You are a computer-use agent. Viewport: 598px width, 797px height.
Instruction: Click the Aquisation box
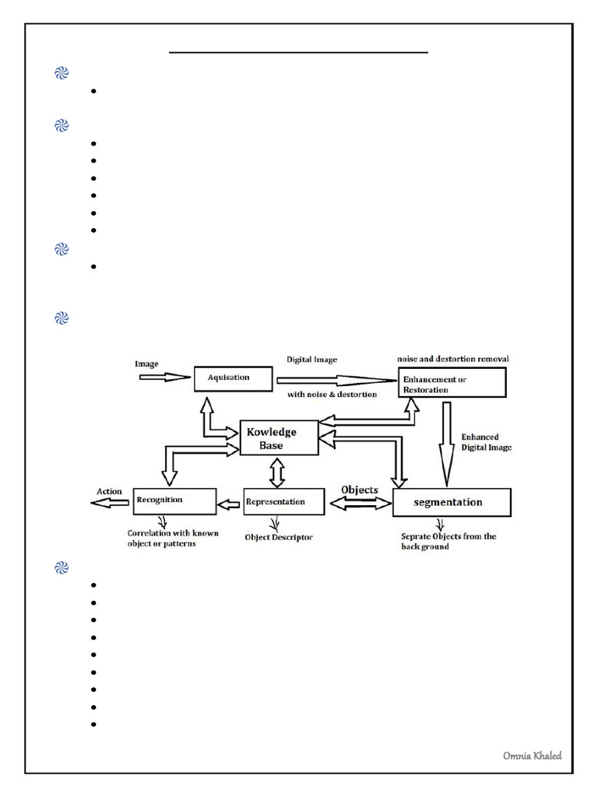point(233,378)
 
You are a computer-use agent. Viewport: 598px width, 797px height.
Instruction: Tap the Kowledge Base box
point(278,437)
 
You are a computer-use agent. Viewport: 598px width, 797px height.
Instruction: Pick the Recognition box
point(174,501)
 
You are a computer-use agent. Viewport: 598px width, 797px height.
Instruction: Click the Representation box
point(283,501)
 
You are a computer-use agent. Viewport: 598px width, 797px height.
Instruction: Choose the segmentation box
point(452,502)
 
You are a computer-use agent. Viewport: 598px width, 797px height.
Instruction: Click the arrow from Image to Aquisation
point(164,377)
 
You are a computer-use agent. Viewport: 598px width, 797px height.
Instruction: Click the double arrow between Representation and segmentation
point(360,504)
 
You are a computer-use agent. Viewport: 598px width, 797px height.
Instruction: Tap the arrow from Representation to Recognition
point(230,504)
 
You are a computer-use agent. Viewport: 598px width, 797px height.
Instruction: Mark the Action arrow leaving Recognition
point(110,504)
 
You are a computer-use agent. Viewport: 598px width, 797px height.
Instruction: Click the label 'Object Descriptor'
point(279,537)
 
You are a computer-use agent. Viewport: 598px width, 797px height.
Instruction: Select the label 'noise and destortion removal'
point(452,358)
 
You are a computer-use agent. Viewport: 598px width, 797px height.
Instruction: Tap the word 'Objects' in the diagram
point(360,490)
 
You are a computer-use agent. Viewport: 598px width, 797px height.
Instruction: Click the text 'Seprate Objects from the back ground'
point(447,541)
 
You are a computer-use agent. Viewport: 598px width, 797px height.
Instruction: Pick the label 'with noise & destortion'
point(332,395)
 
